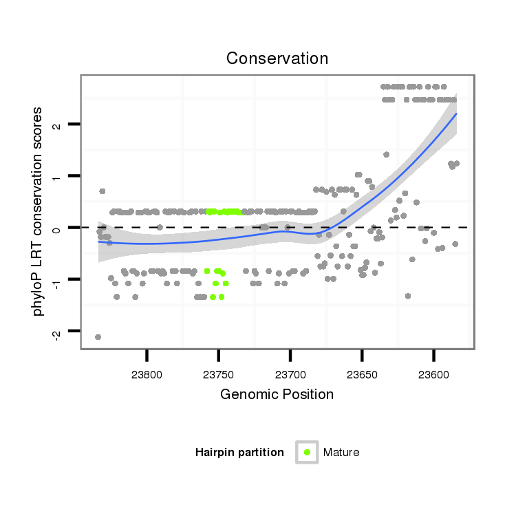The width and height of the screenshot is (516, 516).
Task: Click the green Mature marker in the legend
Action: (307, 452)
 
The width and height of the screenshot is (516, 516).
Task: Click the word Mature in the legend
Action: (341, 452)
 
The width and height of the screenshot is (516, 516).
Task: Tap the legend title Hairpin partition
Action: (239, 452)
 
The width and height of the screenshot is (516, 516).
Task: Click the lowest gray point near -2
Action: (98, 336)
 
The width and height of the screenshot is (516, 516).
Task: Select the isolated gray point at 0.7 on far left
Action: (103, 191)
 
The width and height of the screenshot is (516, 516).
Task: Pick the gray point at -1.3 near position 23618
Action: (408, 296)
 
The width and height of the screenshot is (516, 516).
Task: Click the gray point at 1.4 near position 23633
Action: (386, 155)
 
